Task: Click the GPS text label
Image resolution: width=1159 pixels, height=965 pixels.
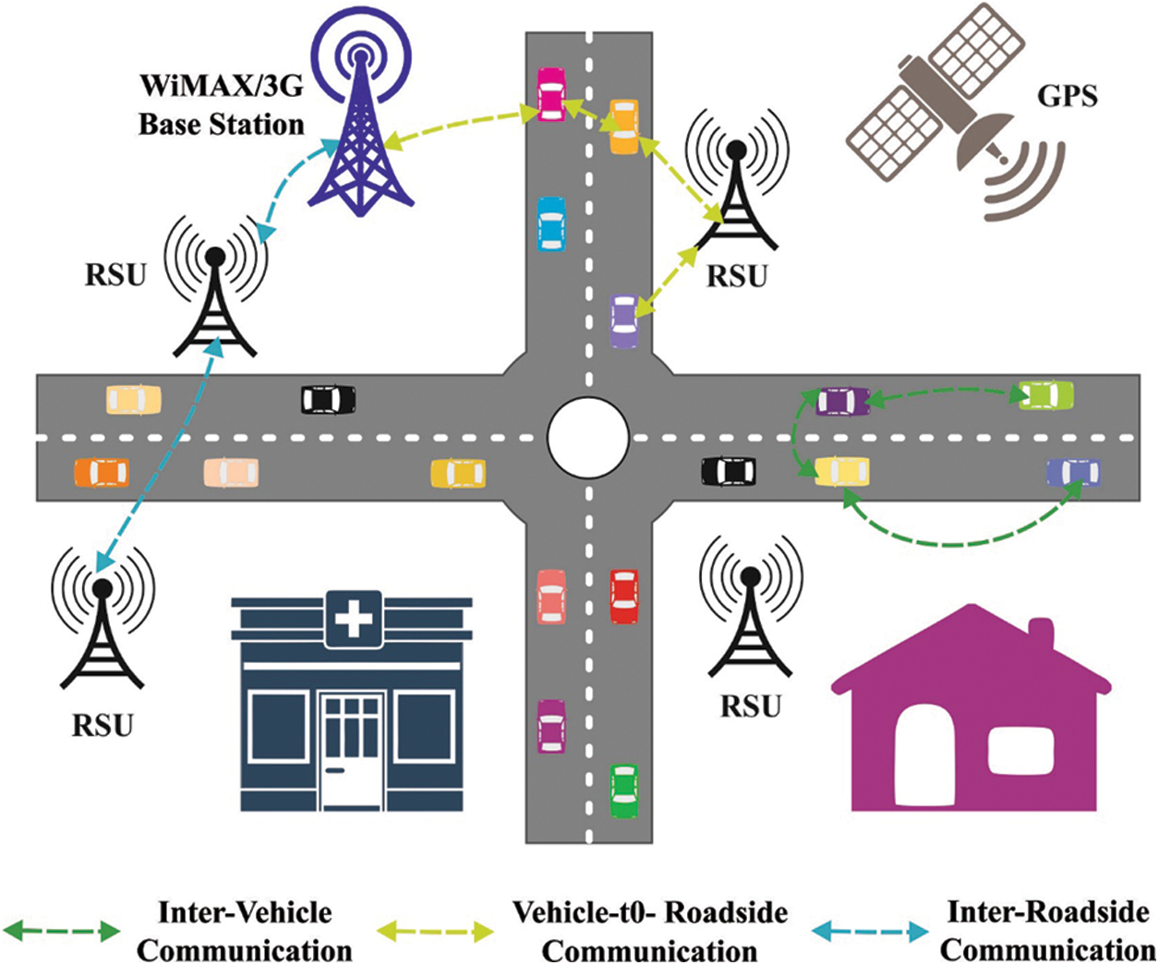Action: tap(1068, 94)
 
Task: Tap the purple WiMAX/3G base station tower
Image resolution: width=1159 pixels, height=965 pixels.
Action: tap(360, 139)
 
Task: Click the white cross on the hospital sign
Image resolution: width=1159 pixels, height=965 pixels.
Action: tap(353, 619)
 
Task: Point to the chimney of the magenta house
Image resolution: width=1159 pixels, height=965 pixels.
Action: tap(1041, 635)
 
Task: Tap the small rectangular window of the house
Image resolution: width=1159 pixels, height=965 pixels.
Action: tap(1020, 750)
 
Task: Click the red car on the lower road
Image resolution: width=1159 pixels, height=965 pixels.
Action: tap(624, 597)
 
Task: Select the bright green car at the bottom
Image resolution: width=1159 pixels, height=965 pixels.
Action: tap(624, 790)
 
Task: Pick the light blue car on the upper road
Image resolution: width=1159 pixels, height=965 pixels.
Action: tap(550, 223)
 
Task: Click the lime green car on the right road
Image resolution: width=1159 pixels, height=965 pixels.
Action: tap(1045, 395)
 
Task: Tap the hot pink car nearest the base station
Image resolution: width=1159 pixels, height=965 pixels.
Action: tap(550, 94)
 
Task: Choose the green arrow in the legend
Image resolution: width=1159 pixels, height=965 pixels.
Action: tap(62, 931)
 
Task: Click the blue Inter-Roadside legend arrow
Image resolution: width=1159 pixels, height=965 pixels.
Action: tap(870, 931)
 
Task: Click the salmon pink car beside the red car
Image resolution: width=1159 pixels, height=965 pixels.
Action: tap(551, 597)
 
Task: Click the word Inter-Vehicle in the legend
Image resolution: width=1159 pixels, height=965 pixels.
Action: tap(245, 912)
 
